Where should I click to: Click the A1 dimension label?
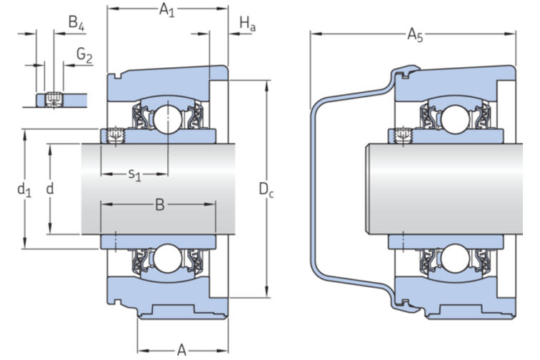pyautogui.click(x=166, y=11)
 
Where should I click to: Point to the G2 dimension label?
pyautogui.click(x=84, y=56)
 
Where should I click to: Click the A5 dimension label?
pyautogui.click(x=414, y=34)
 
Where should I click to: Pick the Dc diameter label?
pyautogui.click(x=266, y=190)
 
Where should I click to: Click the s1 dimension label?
pyautogui.click(x=134, y=174)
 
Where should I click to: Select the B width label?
pyautogui.click(x=160, y=206)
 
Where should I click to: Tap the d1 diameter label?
pyautogui.click(x=24, y=189)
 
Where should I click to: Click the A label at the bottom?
pyautogui.click(x=182, y=349)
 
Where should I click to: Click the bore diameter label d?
pyautogui.click(x=49, y=189)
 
